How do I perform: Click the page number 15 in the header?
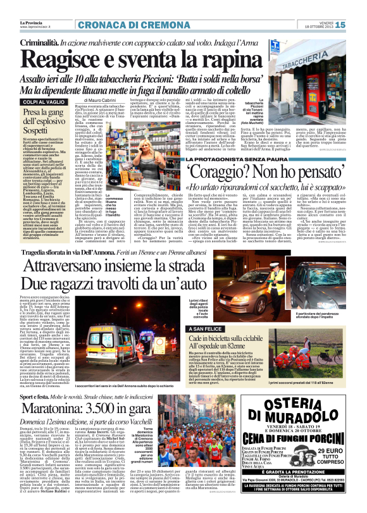click(356, 25)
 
